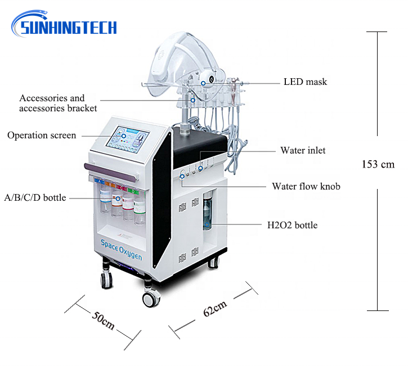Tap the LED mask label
[305, 82]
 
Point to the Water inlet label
[303, 151]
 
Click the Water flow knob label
[306, 186]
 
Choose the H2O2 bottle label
[292, 226]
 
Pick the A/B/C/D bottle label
[35, 198]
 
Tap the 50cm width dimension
[102, 322]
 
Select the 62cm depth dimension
[215, 309]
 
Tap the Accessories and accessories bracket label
[58, 103]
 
